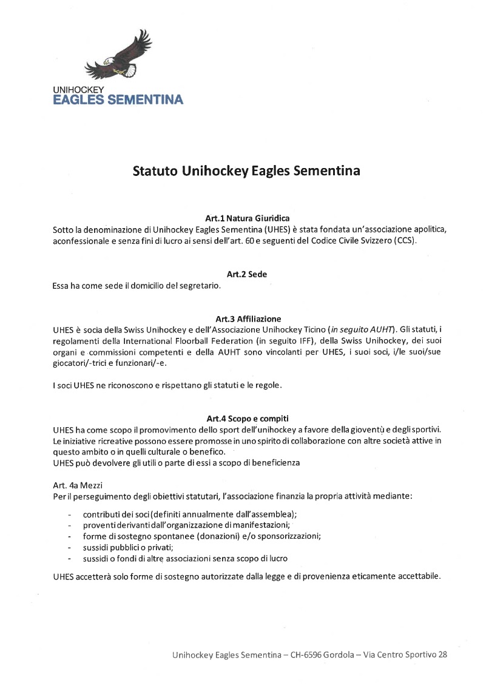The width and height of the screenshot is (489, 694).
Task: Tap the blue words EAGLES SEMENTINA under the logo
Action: [x=118, y=99]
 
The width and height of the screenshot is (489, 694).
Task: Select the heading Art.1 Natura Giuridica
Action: [x=248, y=218]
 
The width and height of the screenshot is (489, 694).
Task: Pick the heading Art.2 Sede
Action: [x=247, y=274]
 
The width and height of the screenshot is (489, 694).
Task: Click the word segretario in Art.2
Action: [x=197, y=285]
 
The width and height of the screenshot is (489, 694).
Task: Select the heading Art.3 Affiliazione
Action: [x=248, y=318]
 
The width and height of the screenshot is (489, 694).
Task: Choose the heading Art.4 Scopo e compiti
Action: [x=248, y=419]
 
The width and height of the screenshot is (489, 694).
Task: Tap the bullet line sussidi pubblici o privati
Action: [x=128, y=547]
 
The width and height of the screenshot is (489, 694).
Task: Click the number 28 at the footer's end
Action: [x=442, y=655]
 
